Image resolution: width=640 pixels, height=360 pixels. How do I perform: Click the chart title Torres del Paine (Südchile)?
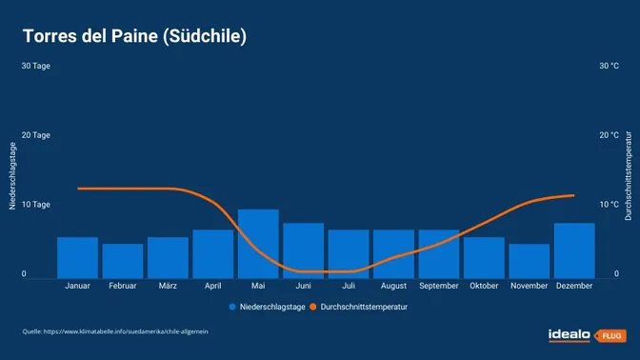pyautogui.click(x=135, y=36)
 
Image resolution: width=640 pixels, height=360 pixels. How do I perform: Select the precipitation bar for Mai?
pyautogui.click(x=258, y=243)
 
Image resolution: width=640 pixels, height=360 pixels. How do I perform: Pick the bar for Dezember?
pyautogui.click(x=574, y=250)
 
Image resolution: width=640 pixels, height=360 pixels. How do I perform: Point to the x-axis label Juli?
pyautogui.click(x=349, y=285)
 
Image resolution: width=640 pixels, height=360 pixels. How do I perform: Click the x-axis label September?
pyautogui.click(x=439, y=285)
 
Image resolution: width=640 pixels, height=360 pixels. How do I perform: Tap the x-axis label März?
pyautogui.click(x=168, y=285)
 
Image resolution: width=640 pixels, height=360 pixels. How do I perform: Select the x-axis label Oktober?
pyautogui.click(x=484, y=285)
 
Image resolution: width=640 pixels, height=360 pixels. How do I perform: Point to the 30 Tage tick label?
pyautogui.click(x=35, y=66)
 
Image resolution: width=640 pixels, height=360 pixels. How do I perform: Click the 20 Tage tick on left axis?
pyautogui.click(x=35, y=135)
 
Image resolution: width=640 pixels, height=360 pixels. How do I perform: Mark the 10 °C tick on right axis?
pyautogui.click(x=609, y=205)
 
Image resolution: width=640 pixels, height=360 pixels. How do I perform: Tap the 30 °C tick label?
pyautogui.click(x=609, y=66)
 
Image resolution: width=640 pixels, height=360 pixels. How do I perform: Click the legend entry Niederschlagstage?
pyautogui.click(x=267, y=308)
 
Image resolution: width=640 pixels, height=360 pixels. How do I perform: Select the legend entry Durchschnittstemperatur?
pyautogui.click(x=364, y=308)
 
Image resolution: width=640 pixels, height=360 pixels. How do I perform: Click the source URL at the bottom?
pyautogui.click(x=115, y=331)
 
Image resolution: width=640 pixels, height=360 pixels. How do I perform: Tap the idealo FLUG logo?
pyautogui.click(x=584, y=334)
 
